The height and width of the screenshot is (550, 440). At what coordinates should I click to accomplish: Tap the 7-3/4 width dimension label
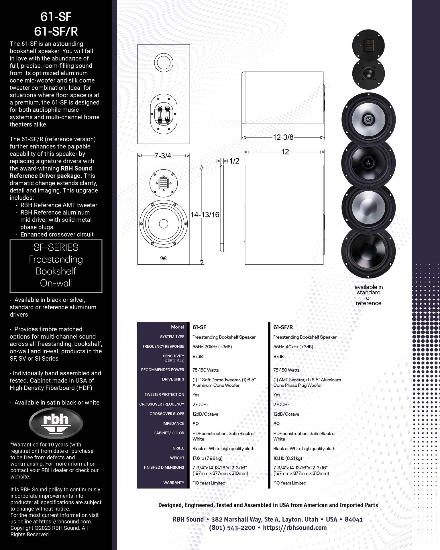point(163,156)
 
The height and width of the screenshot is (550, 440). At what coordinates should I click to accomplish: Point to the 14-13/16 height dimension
point(205,215)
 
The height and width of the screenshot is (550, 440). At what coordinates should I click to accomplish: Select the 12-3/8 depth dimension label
point(283,137)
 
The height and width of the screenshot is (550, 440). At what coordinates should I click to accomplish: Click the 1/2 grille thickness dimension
point(234,161)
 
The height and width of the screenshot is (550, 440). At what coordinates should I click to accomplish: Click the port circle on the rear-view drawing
point(164,63)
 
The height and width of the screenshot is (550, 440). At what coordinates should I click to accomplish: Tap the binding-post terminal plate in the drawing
point(164,113)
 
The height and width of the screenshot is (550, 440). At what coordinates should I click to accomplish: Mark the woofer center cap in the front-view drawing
point(164,224)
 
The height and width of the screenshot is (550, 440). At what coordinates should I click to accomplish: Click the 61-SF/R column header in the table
point(283,327)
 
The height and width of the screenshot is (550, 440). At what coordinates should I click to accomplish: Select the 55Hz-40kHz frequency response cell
point(293,347)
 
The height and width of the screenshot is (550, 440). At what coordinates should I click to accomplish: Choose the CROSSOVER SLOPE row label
point(167,414)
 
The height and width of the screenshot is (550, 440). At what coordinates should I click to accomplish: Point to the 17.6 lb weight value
point(207,458)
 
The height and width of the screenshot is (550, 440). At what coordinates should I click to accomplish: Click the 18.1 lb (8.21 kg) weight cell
point(288,458)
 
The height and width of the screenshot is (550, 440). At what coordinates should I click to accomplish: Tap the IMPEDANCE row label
point(173,423)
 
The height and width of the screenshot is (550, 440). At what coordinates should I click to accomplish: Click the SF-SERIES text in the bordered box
point(56,247)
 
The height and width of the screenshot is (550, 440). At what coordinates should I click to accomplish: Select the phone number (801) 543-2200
point(232,528)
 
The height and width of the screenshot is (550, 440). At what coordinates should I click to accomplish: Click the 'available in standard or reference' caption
point(369,295)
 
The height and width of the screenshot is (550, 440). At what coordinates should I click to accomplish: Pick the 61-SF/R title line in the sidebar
point(56,32)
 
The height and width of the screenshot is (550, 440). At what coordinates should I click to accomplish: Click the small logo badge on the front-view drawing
point(164,258)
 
